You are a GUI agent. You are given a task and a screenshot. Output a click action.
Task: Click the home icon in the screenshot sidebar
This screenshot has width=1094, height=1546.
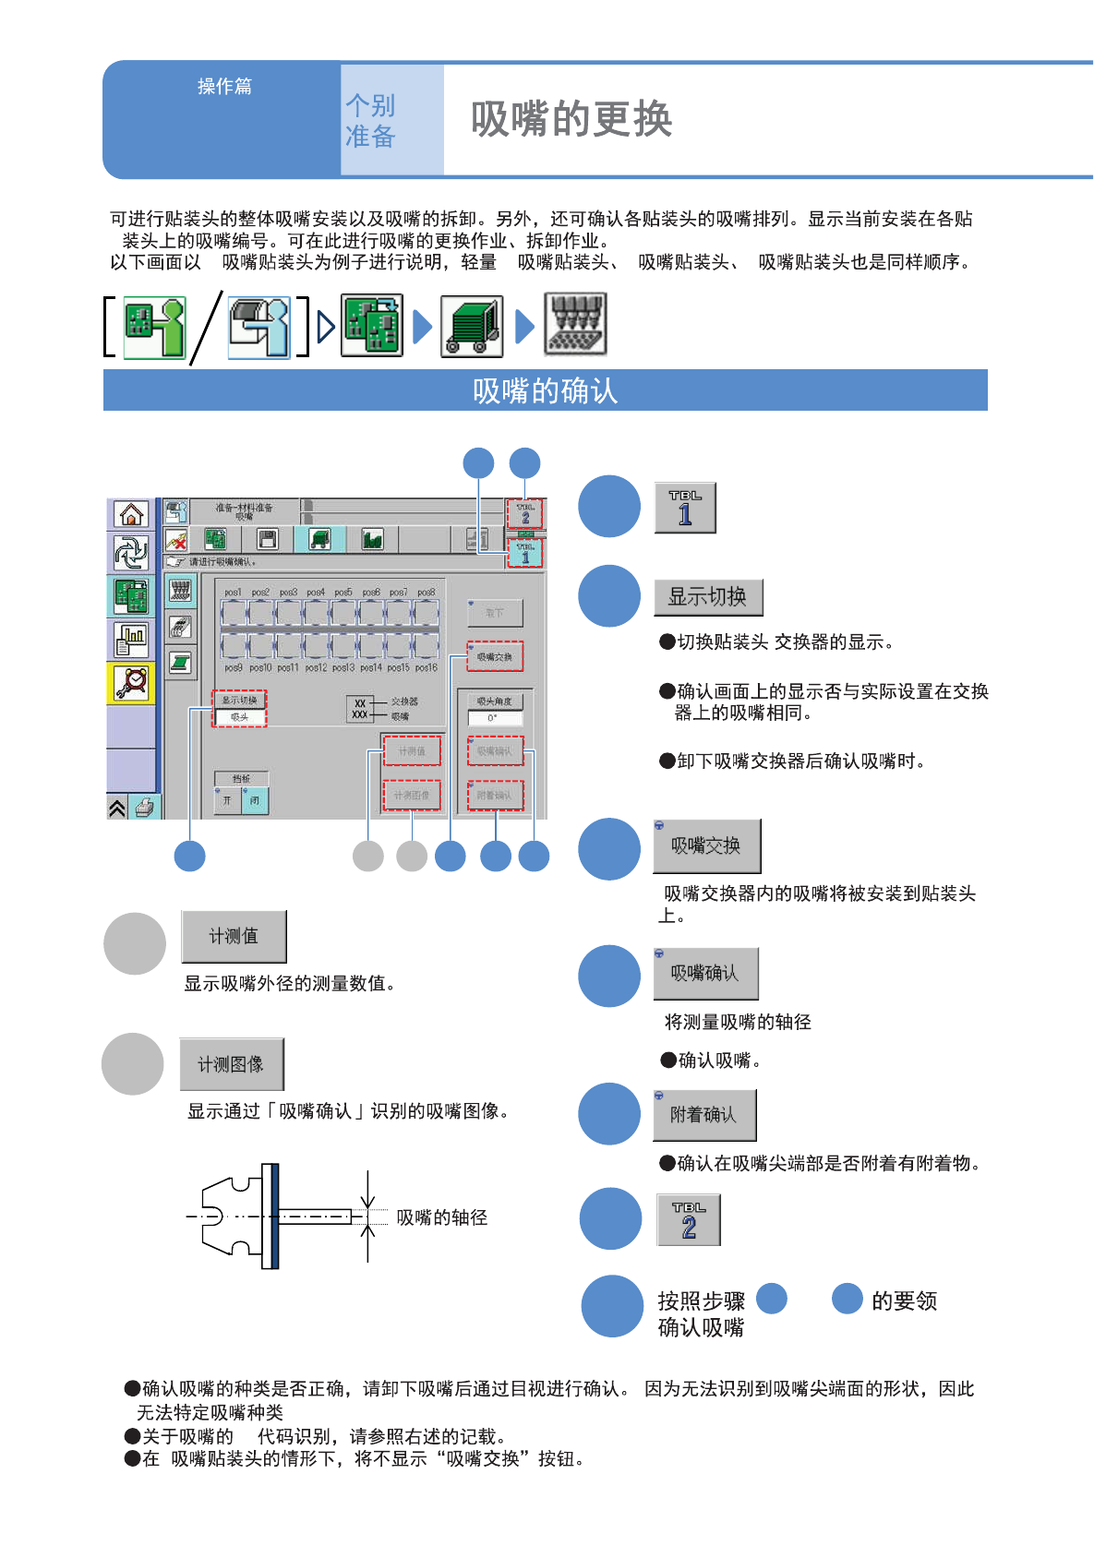131,514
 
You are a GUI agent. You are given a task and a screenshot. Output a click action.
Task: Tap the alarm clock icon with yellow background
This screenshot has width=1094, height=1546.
131,683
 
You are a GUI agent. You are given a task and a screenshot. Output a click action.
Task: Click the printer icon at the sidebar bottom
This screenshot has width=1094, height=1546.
144,808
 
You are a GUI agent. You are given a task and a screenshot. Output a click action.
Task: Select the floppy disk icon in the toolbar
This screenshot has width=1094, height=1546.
268,539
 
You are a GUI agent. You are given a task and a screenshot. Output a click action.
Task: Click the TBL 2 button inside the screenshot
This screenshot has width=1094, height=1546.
524,513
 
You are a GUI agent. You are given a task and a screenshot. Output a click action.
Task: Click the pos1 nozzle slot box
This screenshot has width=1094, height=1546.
234,612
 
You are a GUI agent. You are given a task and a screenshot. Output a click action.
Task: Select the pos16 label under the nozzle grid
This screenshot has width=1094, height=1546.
426,667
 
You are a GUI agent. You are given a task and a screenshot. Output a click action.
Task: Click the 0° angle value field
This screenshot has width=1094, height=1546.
495,717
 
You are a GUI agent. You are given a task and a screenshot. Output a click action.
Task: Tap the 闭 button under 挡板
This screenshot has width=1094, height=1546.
255,800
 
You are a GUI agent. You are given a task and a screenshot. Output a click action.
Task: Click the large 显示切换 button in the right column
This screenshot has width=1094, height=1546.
708,597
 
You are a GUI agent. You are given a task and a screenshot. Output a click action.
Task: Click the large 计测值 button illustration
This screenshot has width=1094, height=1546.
234,936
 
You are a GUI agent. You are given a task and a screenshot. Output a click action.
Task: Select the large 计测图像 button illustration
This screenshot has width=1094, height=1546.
231,1064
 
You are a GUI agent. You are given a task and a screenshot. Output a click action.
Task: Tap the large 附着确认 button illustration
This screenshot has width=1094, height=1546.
704,1115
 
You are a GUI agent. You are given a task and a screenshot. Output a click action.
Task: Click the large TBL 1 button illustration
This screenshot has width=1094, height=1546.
685,508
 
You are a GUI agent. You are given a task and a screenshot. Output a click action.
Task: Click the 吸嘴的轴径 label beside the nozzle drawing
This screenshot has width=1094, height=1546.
441,1217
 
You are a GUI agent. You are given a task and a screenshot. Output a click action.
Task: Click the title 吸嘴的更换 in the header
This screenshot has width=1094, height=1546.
571,119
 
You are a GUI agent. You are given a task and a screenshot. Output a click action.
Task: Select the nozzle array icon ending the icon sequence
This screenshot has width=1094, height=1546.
575,325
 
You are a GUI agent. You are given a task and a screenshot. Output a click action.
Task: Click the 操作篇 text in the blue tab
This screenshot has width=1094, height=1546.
224,86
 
